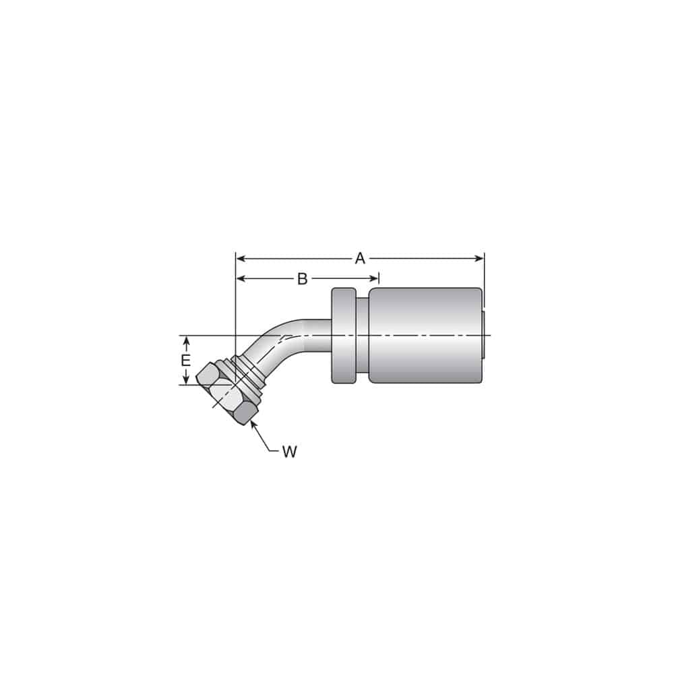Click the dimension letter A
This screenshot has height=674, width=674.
point(360,258)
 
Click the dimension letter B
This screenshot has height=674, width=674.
point(303,279)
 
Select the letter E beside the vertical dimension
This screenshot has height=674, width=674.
point(186,361)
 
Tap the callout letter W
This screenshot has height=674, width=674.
point(289,452)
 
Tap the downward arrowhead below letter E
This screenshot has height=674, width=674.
point(186,380)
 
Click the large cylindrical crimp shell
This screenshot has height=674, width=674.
point(425,336)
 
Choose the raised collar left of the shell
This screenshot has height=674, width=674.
point(344,336)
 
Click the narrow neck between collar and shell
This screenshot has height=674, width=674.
point(363,336)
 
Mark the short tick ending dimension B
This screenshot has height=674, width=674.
point(379,279)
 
